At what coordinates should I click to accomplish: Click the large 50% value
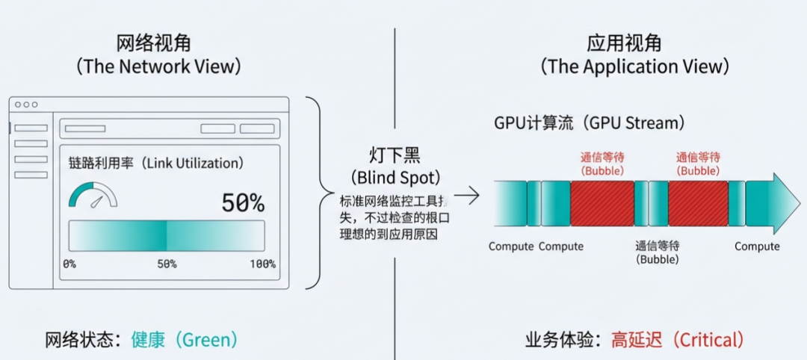243,202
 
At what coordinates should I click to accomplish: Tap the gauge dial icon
93,195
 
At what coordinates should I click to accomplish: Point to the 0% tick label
69,264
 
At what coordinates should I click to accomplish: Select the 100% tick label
262,264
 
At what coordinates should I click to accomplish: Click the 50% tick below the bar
166,264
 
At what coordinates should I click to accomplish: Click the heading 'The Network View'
158,66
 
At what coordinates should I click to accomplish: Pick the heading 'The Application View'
634,66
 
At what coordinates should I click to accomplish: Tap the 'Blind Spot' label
395,179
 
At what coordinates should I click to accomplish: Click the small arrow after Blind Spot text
466,196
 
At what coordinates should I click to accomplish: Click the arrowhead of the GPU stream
785,203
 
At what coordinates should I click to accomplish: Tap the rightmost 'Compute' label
757,246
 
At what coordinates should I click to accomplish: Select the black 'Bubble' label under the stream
657,260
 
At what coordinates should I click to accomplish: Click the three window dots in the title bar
26,105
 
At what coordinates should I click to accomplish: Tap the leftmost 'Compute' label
511,246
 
